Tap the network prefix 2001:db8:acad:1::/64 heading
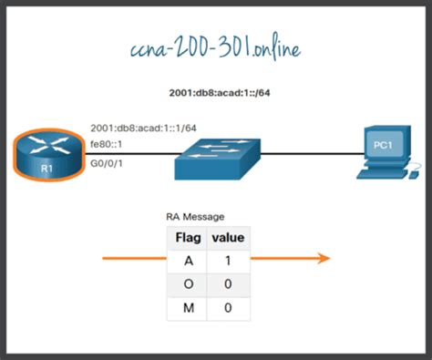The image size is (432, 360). [x=215, y=94]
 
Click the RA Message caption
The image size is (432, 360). [x=195, y=217]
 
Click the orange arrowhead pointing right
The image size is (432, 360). [x=323, y=259]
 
